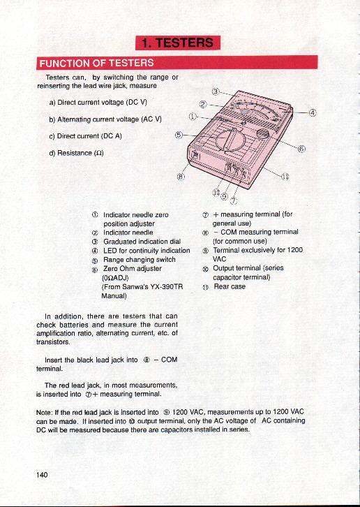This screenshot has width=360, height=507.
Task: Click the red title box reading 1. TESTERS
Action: tap(178, 43)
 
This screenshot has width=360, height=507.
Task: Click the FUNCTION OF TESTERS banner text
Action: tap(96, 63)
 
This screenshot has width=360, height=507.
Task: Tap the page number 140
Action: tap(42, 475)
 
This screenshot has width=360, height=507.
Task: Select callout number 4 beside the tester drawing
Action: tap(312, 112)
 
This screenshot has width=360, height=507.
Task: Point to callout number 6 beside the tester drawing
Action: tap(301, 149)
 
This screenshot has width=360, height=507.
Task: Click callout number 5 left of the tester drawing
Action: tap(179, 135)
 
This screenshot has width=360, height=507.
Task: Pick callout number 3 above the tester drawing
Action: tap(215, 91)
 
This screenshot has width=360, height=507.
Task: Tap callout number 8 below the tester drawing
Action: tap(181, 177)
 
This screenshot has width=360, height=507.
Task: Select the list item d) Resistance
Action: tap(76, 153)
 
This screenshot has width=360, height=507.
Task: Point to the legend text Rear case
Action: tap(230, 286)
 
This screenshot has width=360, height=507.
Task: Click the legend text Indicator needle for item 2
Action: tap(128, 233)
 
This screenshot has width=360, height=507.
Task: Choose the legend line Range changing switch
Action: tap(140, 260)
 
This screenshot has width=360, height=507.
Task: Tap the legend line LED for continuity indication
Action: tap(147, 251)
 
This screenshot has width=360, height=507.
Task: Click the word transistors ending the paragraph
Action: tap(53, 342)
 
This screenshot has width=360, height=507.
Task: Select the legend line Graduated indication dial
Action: tap(142, 242)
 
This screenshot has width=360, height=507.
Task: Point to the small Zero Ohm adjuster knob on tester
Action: tap(263, 135)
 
